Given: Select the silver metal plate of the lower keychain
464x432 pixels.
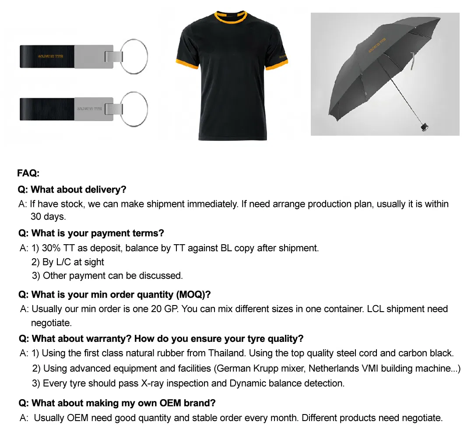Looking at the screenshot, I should tap(94, 109).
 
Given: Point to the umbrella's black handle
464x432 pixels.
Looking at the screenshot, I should tap(423, 127).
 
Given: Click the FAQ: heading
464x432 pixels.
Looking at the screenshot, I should tap(28, 173).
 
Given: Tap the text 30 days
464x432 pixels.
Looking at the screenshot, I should tap(48, 217).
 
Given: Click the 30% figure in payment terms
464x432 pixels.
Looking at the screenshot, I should tap(52, 248).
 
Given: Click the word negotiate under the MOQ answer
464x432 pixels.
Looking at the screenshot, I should tap(51, 323).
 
